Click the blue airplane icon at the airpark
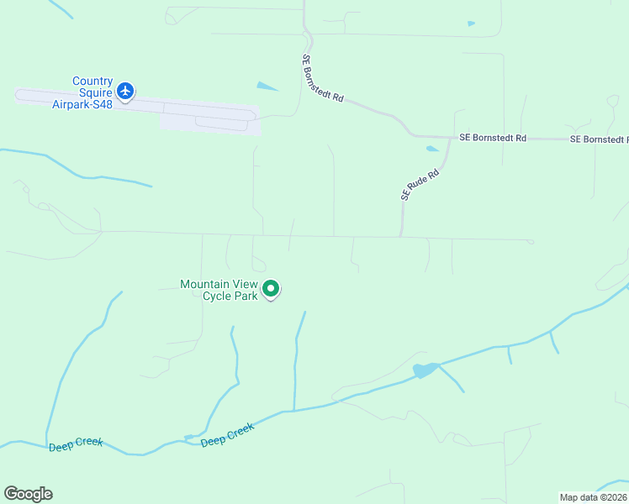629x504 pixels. pos(125,91)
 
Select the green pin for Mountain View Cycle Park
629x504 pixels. pos(271,290)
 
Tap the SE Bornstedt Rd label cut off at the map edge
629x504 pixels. pos(599,139)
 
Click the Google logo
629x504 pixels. pos(28,494)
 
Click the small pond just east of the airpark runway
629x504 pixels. pos(267,86)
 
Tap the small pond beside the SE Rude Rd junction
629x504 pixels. pos(432,149)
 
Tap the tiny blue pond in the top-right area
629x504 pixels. pos(471,24)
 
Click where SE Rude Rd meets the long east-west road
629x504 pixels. pos(401,237)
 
